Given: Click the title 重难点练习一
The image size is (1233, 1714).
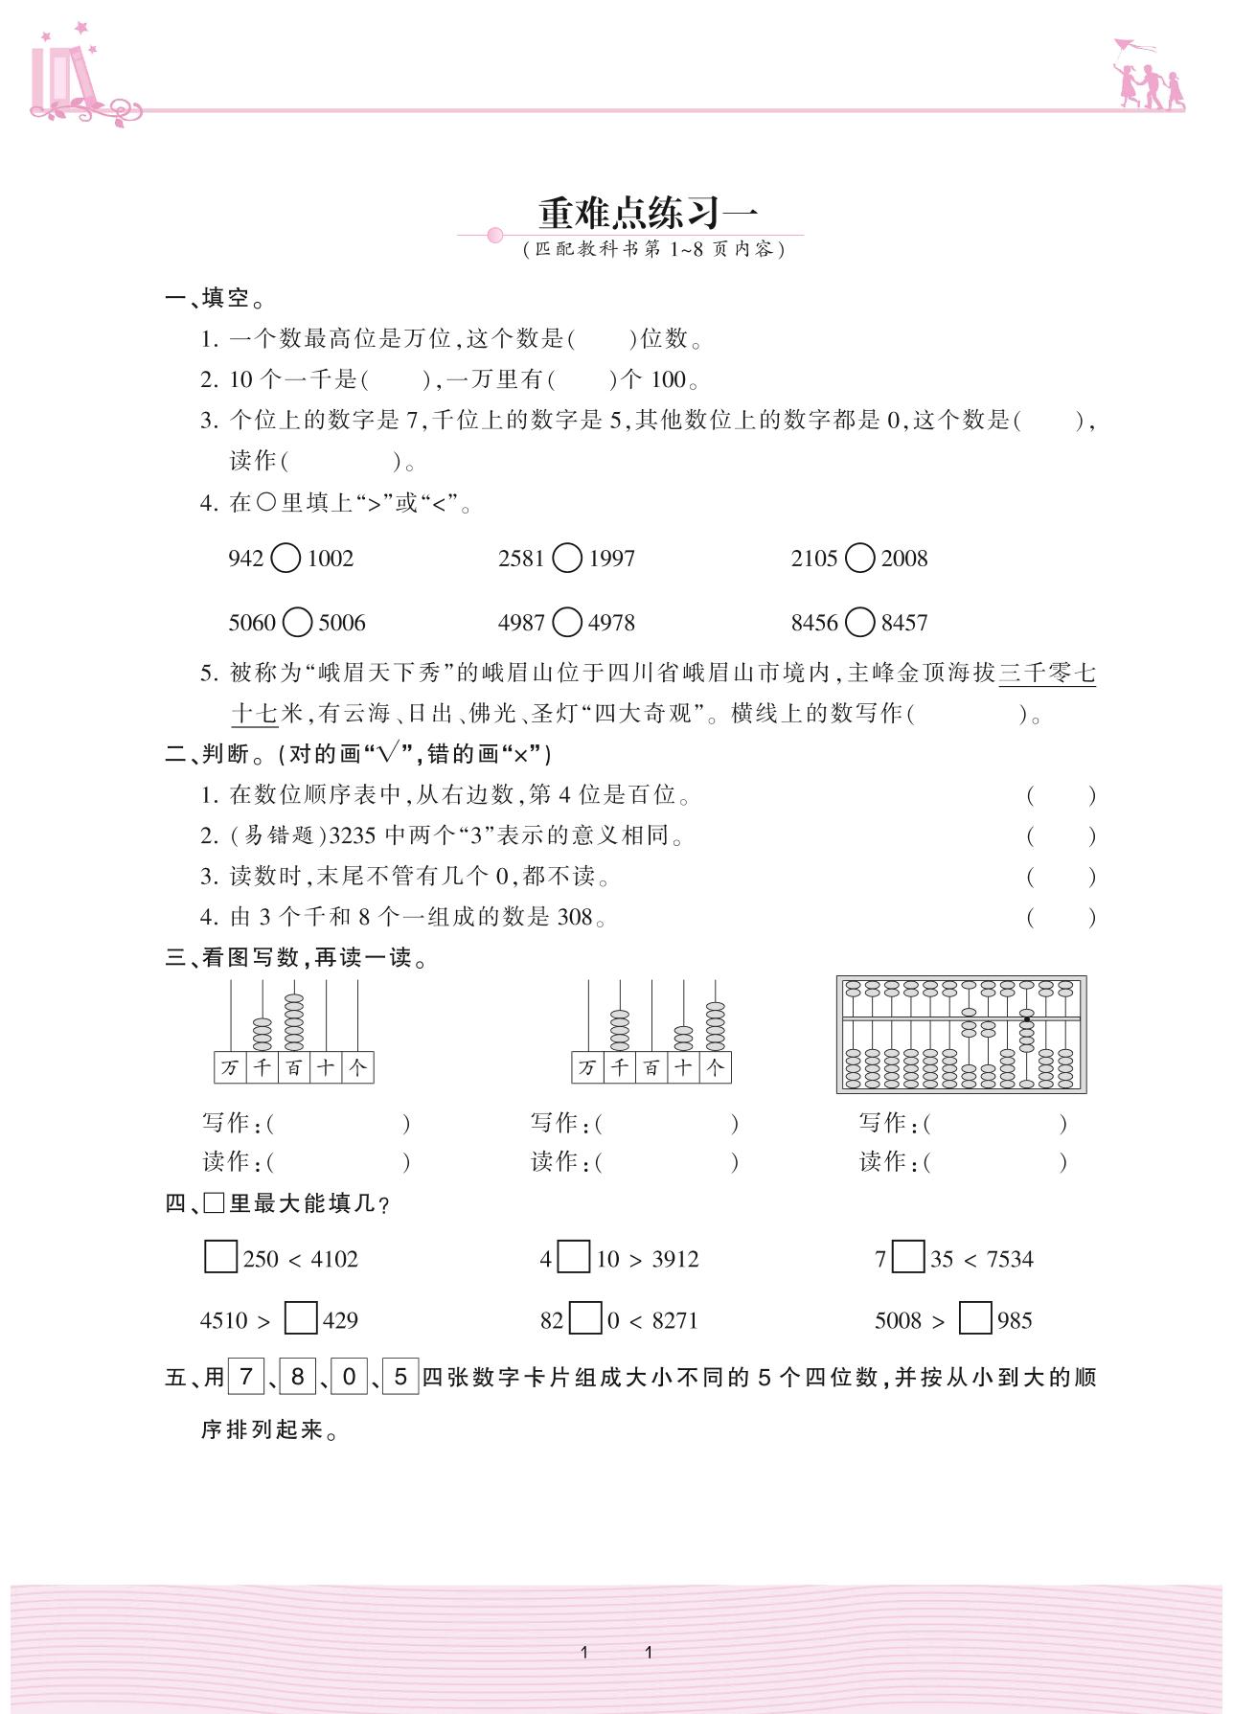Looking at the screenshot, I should (x=647, y=212).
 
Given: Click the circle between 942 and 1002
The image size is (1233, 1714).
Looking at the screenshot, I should (x=285, y=558).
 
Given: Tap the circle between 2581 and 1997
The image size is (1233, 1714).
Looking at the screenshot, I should (x=567, y=558).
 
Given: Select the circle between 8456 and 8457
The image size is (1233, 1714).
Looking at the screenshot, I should (x=859, y=623).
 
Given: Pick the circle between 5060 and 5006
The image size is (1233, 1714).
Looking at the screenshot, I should (x=297, y=623).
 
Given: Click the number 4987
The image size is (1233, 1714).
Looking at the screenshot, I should (x=521, y=623).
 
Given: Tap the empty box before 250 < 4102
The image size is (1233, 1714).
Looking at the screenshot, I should (x=220, y=1257).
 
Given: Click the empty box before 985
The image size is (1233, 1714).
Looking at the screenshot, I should (x=975, y=1318).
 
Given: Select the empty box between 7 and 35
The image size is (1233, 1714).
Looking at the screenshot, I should (x=907, y=1257).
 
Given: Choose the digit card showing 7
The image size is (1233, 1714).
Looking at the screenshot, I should (x=245, y=1377).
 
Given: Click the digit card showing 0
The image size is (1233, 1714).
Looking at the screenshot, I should (x=349, y=1377).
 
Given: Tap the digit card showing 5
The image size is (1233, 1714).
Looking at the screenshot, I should (x=400, y=1377).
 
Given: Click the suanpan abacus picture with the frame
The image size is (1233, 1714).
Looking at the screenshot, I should (x=961, y=1034).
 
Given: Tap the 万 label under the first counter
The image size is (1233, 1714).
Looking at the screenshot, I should (x=230, y=1067).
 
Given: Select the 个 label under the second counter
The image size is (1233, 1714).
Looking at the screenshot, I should (x=716, y=1067).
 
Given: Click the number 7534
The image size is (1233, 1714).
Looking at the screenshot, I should (x=1010, y=1259).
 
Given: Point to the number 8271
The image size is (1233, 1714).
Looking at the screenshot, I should (x=674, y=1320).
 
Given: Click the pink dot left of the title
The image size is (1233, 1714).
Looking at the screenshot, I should (x=495, y=235).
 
